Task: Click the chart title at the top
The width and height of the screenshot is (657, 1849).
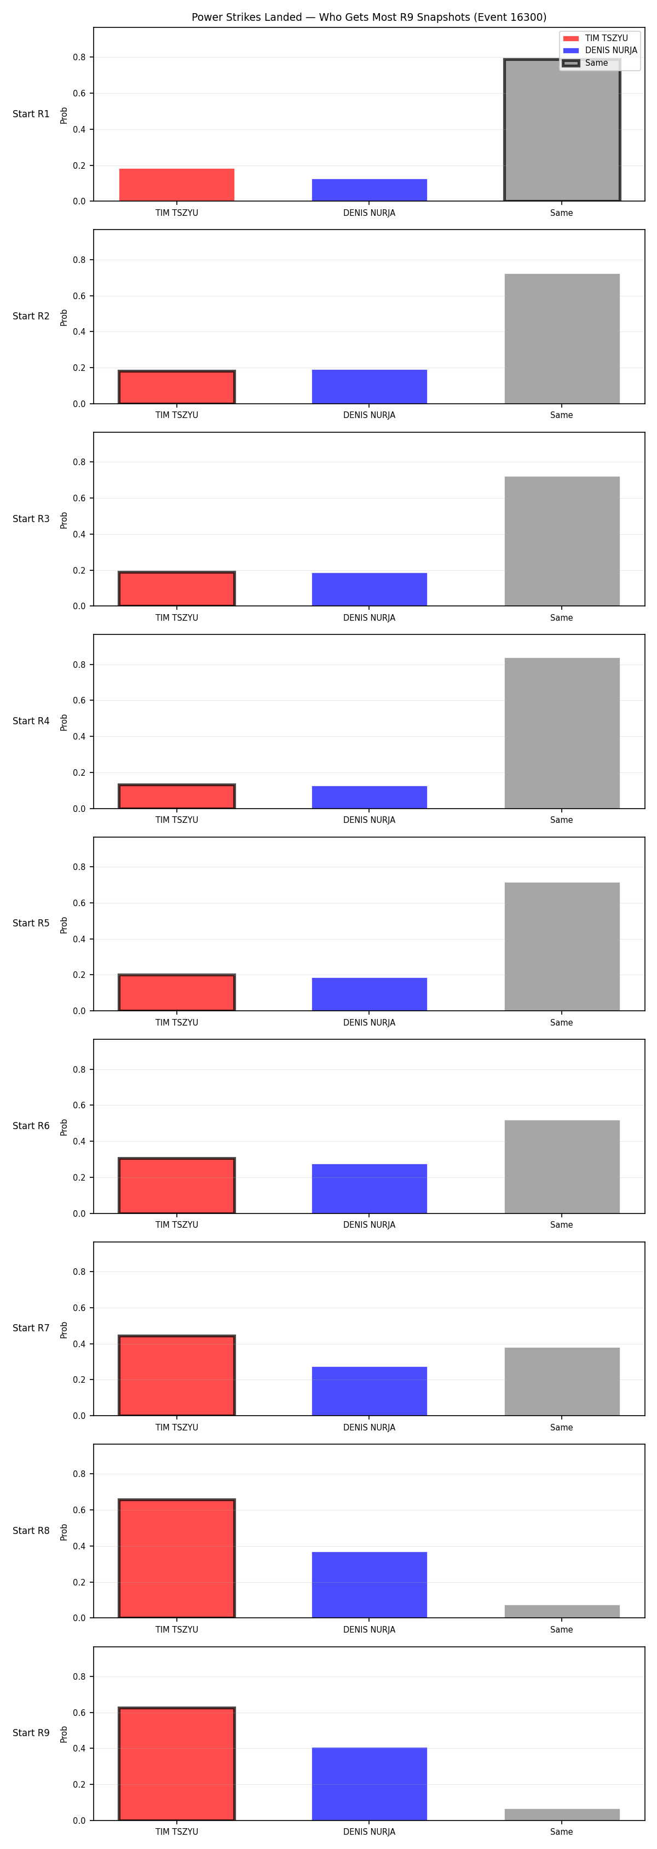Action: click(x=368, y=17)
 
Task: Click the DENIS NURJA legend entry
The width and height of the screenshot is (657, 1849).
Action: click(x=600, y=50)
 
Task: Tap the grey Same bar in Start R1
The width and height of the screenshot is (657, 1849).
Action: click(x=562, y=130)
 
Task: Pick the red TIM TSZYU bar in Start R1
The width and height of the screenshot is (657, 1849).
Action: click(x=176, y=185)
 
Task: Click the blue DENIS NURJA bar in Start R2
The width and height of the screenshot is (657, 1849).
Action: click(x=370, y=387)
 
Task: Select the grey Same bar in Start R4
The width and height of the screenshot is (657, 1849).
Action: click(x=562, y=733)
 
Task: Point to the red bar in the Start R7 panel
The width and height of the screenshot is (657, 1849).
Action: click(x=176, y=1375)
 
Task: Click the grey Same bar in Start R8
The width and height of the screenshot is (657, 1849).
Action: click(x=562, y=1611)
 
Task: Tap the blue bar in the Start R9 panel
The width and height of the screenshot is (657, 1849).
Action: click(x=370, y=1784)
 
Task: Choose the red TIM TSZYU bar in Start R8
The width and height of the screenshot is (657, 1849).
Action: click(x=176, y=1558)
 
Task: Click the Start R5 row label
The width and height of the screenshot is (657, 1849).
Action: click(x=31, y=923)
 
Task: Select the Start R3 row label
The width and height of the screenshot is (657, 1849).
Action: click(x=31, y=518)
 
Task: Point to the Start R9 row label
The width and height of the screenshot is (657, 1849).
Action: click(x=31, y=1733)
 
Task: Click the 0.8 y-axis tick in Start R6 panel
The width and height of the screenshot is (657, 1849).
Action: click(x=79, y=1069)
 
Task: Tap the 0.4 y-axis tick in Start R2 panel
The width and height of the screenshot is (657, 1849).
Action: click(x=79, y=331)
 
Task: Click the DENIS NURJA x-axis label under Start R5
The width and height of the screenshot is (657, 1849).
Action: click(x=370, y=1022)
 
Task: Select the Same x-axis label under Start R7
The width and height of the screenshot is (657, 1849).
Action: click(x=562, y=1427)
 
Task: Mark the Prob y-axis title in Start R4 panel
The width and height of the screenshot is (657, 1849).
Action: click(x=64, y=722)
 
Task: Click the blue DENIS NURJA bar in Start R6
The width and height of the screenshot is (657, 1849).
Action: click(x=370, y=1189)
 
